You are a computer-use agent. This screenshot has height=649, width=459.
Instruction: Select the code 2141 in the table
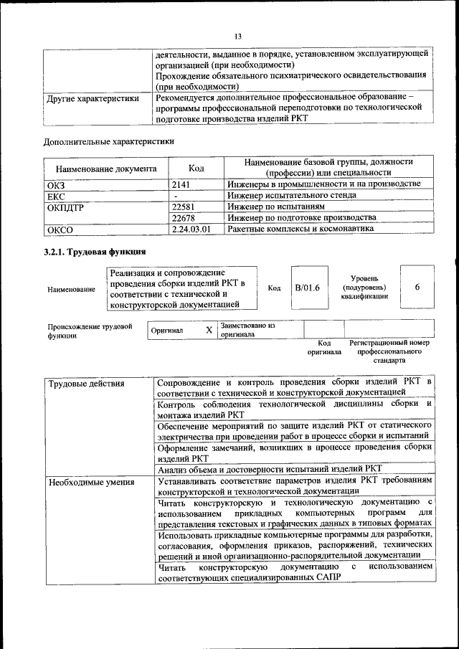(x=183, y=184)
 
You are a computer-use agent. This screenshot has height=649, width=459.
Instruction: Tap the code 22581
(x=185, y=207)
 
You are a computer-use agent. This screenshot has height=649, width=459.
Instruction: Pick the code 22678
(x=185, y=218)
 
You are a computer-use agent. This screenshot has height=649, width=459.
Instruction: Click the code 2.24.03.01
(x=191, y=229)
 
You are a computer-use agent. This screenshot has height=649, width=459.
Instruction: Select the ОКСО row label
(x=60, y=230)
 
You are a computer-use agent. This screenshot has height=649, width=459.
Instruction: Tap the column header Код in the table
(x=196, y=169)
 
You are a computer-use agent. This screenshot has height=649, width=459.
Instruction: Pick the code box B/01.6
(x=307, y=287)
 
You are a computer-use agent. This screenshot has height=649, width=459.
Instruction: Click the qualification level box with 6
(x=417, y=286)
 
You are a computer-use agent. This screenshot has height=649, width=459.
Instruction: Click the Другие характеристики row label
(x=93, y=99)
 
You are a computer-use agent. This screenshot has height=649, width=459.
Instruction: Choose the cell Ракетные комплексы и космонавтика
(x=301, y=229)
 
